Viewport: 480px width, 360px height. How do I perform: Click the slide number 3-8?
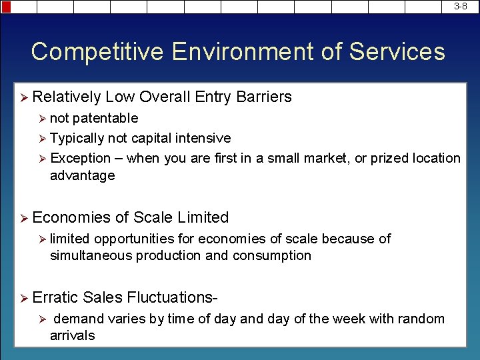pos(461,6)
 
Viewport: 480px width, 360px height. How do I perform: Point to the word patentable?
pos(105,118)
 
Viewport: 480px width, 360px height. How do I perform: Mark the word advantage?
pos(82,175)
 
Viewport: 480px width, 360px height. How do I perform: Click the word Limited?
pos(199,217)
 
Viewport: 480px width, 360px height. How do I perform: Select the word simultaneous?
pos(91,255)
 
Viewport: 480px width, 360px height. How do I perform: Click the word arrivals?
pos(72,335)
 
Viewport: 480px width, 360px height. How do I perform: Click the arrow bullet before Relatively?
pos(23,98)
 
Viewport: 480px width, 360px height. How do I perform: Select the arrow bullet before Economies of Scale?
pos(23,218)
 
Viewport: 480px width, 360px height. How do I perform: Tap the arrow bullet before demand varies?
pos(41,319)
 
